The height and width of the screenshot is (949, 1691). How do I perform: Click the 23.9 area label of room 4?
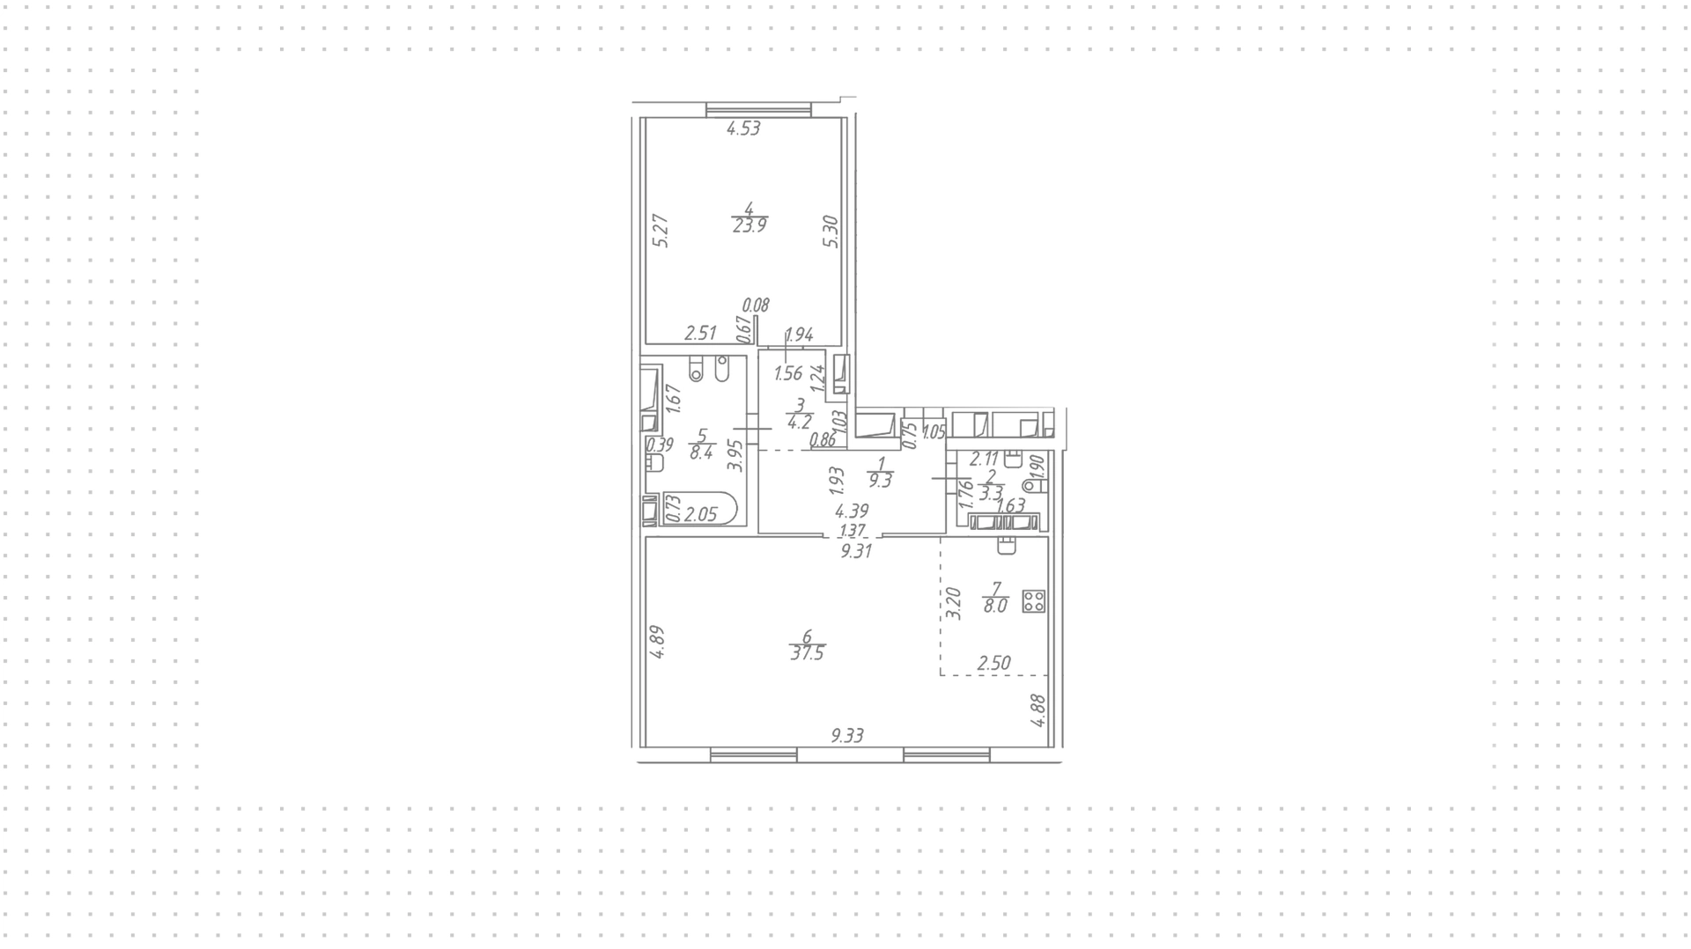[x=750, y=224]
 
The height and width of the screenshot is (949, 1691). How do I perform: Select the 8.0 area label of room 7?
[x=995, y=606]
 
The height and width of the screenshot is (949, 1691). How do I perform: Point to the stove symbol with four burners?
[x=1034, y=602]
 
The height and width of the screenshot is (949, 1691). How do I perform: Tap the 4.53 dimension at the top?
[x=743, y=129]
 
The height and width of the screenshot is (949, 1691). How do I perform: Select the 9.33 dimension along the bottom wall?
[x=847, y=736]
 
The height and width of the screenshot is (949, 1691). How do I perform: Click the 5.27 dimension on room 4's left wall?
[x=663, y=232]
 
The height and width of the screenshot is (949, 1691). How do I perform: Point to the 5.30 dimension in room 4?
[x=831, y=232]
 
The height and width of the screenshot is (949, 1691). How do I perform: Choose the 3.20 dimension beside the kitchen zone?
[x=952, y=605]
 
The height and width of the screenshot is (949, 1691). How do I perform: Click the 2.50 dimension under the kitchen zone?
[x=993, y=663]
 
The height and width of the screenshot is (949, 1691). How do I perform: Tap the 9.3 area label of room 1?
[x=880, y=482]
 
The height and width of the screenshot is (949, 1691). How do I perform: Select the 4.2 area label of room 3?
[x=799, y=422]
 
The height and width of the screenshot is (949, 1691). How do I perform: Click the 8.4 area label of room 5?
[x=701, y=453]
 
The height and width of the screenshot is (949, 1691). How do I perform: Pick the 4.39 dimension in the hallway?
[x=852, y=511]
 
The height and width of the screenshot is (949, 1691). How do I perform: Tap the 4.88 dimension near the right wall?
[x=1038, y=710]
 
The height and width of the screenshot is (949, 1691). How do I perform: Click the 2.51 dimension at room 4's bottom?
[x=701, y=333]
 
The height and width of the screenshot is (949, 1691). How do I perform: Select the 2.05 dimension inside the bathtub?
[x=701, y=515]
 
